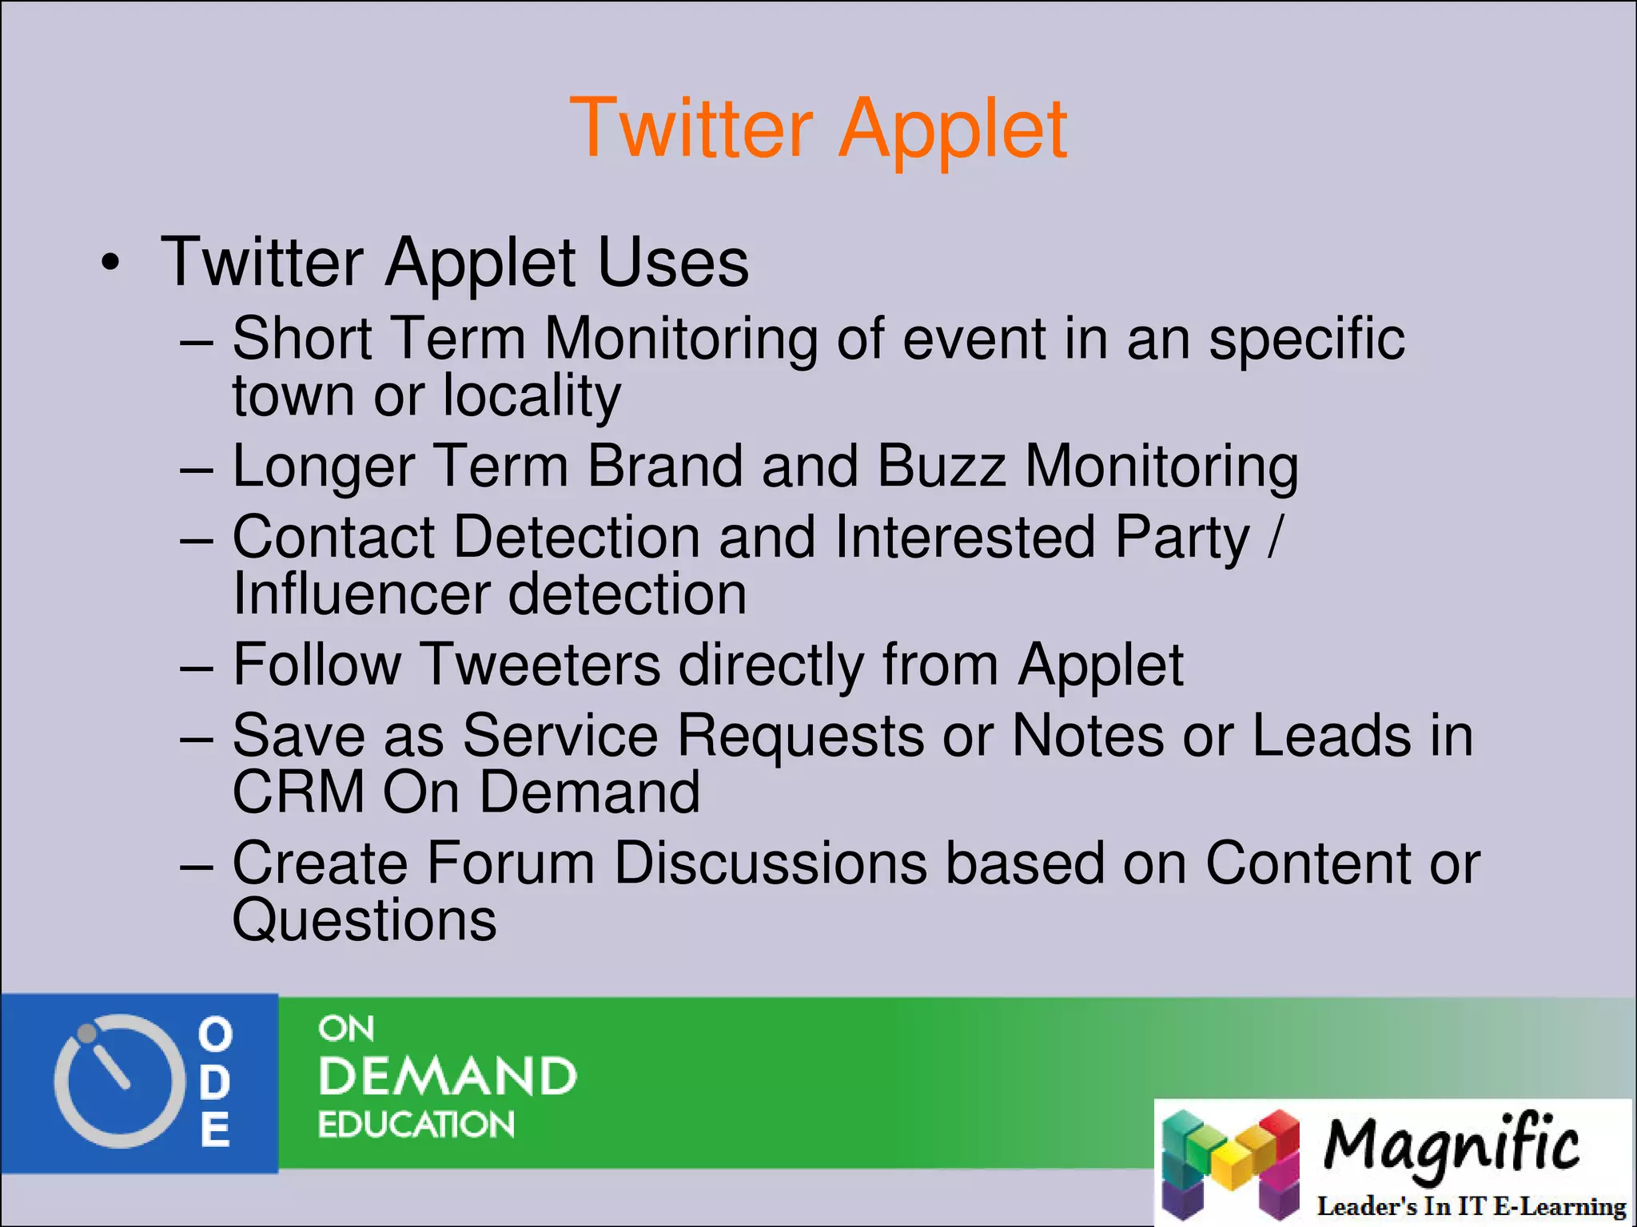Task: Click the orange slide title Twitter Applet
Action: (818, 129)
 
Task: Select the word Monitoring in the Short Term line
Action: (680, 339)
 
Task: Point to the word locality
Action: (532, 396)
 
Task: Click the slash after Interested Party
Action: (1274, 537)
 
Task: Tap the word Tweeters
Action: (540, 665)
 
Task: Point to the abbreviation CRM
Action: (298, 792)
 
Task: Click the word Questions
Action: (364, 921)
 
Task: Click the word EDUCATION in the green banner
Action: (416, 1125)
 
